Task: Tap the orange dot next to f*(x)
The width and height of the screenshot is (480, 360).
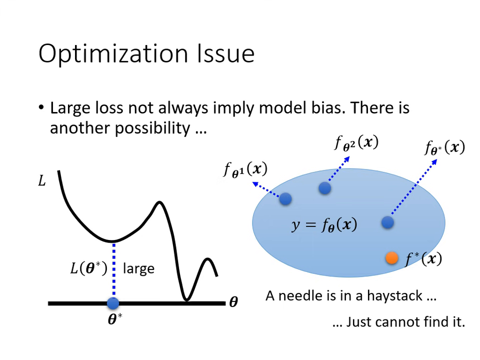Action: click(x=391, y=257)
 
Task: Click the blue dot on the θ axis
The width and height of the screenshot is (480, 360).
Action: click(x=113, y=303)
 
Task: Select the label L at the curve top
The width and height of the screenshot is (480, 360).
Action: click(x=42, y=180)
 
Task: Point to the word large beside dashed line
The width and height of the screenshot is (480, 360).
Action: click(x=138, y=269)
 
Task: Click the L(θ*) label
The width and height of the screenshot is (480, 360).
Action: click(x=88, y=268)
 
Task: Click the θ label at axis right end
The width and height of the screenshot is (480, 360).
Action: click(x=233, y=302)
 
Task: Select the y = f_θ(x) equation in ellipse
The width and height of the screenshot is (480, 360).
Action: click(x=324, y=225)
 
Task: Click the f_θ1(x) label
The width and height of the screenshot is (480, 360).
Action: click(x=245, y=170)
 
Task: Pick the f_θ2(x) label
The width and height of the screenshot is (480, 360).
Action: click(x=356, y=142)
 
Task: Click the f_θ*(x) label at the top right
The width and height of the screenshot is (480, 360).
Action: click(x=444, y=147)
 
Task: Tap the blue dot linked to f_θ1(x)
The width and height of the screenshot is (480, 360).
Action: click(x=285, y=198)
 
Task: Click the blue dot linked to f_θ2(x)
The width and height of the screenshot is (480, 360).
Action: click(x=324, y=188)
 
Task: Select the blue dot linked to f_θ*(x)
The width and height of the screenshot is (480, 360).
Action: click(x=387, y=222)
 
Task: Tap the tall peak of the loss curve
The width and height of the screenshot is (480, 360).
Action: click(x=159, y=202)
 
